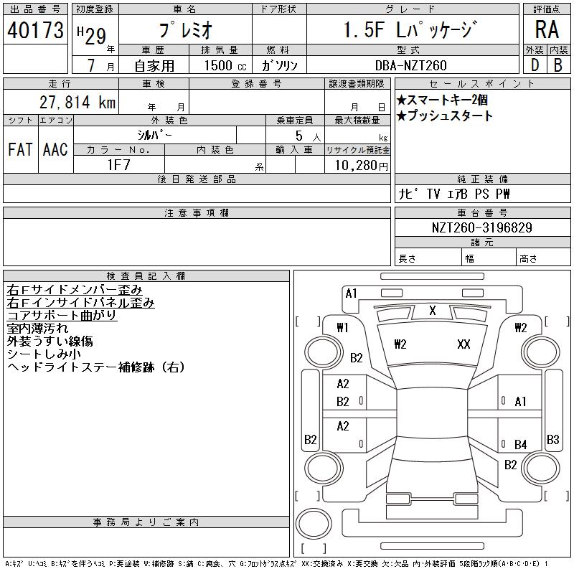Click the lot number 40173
point(35,30)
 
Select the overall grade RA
point(547,29)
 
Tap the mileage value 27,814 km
point(77,102)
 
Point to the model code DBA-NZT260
point(410,65)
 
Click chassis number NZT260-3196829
point(481,227)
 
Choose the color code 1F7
point(118,165)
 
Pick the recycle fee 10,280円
point(361,166)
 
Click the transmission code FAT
point(20,149)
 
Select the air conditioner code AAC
point(55,149)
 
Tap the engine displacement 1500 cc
point(225,65)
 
